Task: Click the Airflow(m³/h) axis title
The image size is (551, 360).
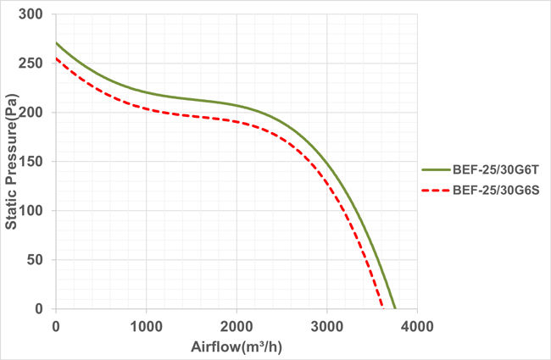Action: coord(237,346)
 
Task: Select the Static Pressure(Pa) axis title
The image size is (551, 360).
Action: coord(14,161)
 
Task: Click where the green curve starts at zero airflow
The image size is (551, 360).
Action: coord(57,43)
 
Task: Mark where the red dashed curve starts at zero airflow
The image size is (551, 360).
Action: coord(57,58)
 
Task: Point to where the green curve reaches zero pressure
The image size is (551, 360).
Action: coord(394,308)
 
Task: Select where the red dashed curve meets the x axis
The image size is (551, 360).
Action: coord(382,308)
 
